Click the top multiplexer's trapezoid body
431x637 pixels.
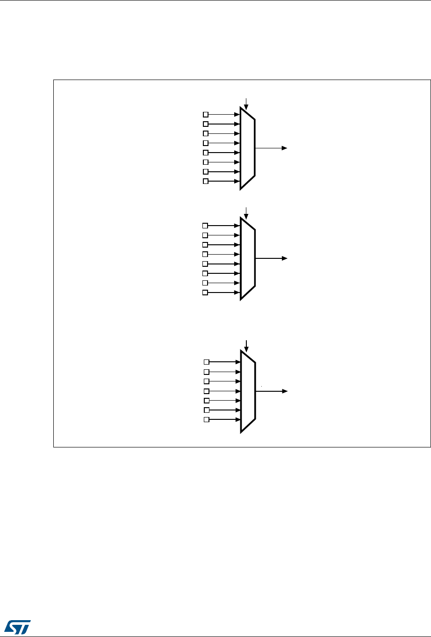(x=248, y=148)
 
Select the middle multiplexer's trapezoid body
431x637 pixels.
(x=248, y=258)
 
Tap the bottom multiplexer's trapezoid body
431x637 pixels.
(x=248, y=391)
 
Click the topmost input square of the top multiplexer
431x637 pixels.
(x=205, y=114)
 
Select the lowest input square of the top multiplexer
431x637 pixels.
(x=205, y=181)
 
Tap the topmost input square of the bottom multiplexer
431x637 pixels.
(x=207, y=362)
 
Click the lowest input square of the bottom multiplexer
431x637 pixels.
(x=207, y=419)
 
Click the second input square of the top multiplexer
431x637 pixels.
(x=205, y=124)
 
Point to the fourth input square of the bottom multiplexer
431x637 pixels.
(x=207, y=391)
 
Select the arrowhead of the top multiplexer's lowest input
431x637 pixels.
(x=237, y=181)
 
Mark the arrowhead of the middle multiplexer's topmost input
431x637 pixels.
(x=237, y=226)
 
